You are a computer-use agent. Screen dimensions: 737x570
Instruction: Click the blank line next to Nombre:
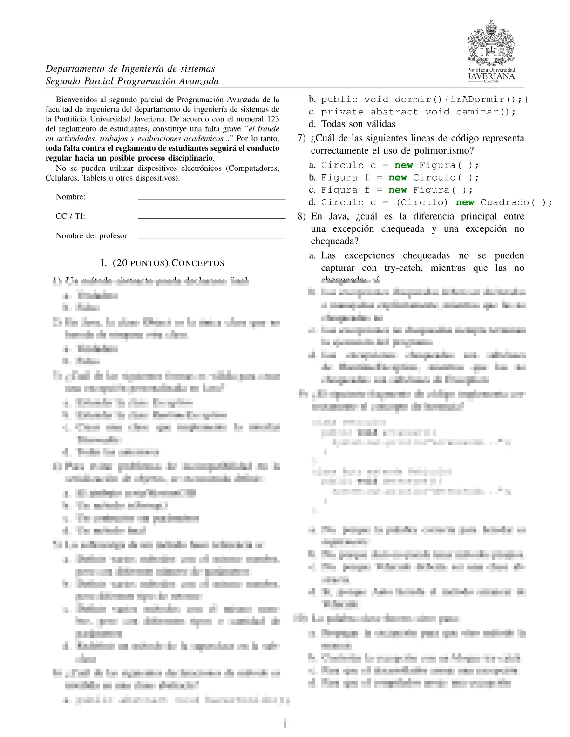211,198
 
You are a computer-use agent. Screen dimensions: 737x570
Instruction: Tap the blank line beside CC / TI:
211,217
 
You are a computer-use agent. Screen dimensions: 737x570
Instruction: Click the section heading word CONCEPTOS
198,263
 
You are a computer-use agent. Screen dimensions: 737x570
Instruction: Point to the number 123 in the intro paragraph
273,119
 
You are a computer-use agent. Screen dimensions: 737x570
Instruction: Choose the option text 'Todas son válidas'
358,124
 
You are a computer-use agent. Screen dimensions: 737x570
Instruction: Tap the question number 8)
302,216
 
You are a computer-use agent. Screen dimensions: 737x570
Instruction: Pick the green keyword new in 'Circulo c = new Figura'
403,165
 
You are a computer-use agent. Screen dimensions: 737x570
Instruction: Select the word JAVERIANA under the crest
491,76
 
